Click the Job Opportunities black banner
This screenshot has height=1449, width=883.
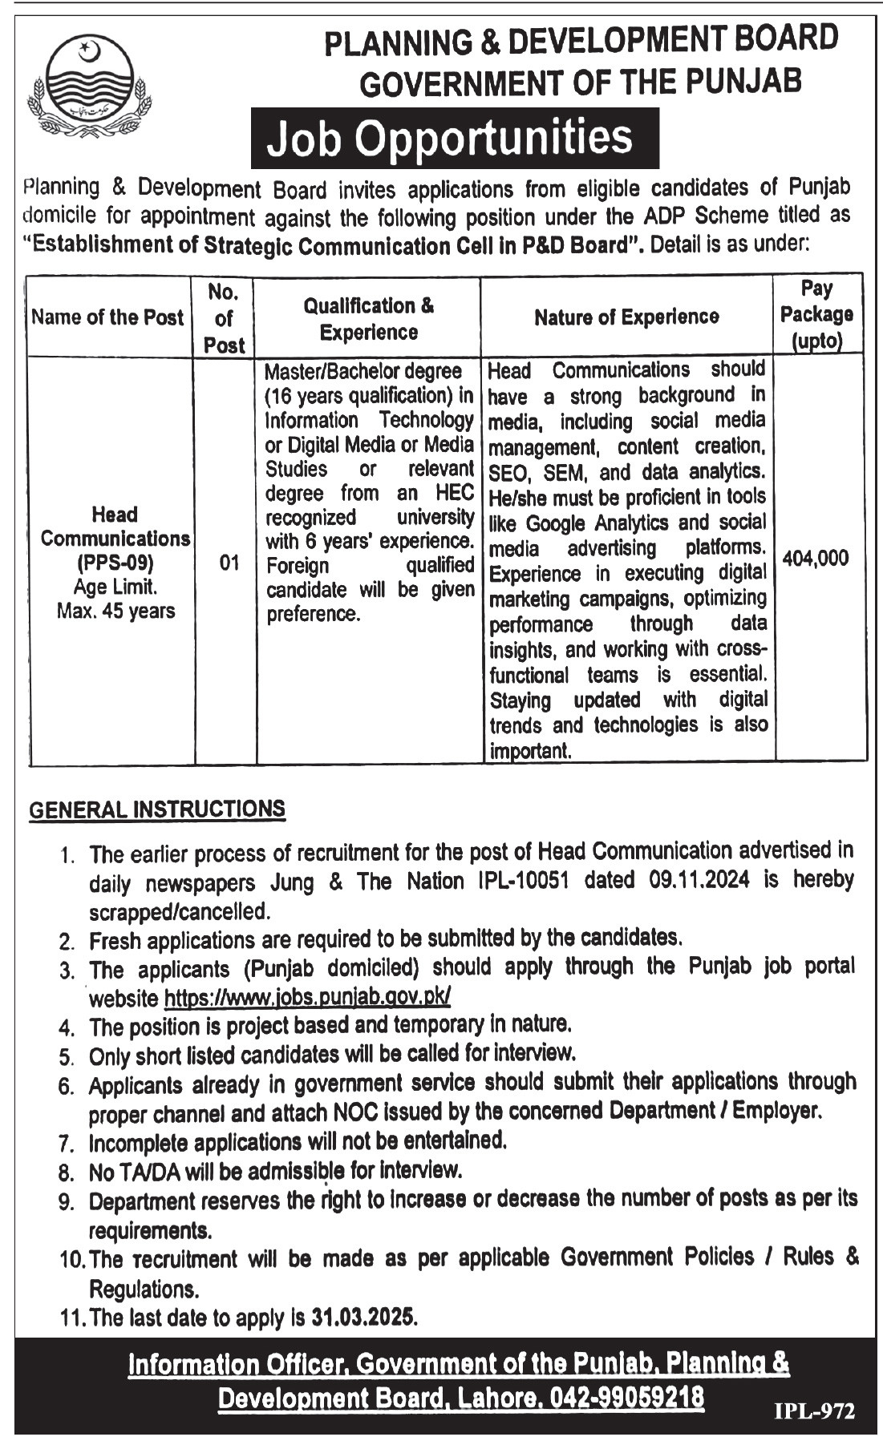tap(454, 138)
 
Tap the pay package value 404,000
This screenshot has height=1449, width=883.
tap(815, 559)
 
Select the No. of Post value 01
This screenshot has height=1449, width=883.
tap(229, 563)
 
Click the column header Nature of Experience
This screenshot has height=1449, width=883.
tap(626, 317)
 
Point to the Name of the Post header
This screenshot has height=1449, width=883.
tap(107, 317)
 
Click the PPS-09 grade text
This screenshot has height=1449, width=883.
tap(115, 562)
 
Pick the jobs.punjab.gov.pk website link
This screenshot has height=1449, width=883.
tap(307, 997)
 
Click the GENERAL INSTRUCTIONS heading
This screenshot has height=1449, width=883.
tap(157, 809)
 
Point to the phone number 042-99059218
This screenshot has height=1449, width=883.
tap(626, 1398)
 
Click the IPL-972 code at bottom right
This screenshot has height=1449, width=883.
tap(814, 1411)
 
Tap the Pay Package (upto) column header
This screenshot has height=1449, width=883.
tap(816, 315)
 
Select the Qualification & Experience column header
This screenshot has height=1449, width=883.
tap(368, 318)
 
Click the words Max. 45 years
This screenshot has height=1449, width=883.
tap(115, 611)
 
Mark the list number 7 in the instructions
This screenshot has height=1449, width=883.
tap(66, 1143)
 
